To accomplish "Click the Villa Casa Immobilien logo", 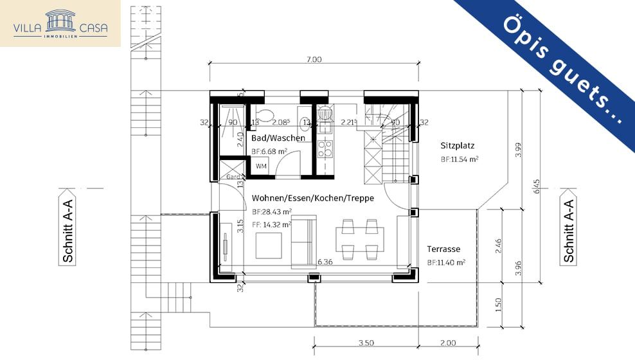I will point(60,23).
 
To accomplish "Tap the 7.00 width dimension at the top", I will point(313,59).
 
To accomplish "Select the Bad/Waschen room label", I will point(278,138).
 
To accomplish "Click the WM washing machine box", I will point(261,166).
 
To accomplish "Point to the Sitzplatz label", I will point(457,145).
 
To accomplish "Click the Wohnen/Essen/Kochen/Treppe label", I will point(312,198).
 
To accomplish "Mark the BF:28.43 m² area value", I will point(272,212).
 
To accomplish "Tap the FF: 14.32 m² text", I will point(272,224).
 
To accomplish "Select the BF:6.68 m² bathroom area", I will point(269,152).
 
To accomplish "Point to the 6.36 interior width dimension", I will point(325,262).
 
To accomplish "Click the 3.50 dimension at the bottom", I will point(366,343).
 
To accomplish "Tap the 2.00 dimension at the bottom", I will point(448,343).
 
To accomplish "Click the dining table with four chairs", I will point(360,238).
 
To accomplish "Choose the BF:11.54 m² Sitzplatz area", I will point(459,159).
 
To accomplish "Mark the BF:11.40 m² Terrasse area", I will point(445,262).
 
